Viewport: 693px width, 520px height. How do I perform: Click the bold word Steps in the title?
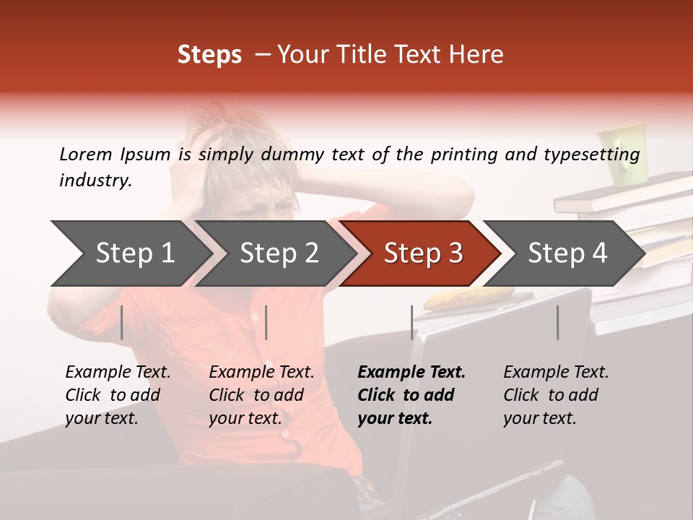(x=209, y=55)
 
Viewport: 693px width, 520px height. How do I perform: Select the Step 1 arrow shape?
(x=130, y=253)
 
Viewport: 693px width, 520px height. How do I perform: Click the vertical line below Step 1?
(x=122, y=322)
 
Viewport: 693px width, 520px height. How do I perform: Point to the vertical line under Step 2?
(x=266, y=322)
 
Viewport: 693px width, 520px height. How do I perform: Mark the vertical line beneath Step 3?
(x=412, y=322)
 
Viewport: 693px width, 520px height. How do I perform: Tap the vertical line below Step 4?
(x=557, y=322)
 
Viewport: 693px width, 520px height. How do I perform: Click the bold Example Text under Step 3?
(x=411, y=373)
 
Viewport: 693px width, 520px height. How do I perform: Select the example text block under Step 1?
(x=118, y=395)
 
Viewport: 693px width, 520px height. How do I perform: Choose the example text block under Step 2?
(x=261, y=395)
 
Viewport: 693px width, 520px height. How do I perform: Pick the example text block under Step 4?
(x=555, y=395)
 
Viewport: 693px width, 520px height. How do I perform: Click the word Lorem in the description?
(x=85, y=154)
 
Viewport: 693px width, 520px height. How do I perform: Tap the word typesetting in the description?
(x=591, y=155)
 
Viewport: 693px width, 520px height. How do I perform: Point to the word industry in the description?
(x=95, y=180)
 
